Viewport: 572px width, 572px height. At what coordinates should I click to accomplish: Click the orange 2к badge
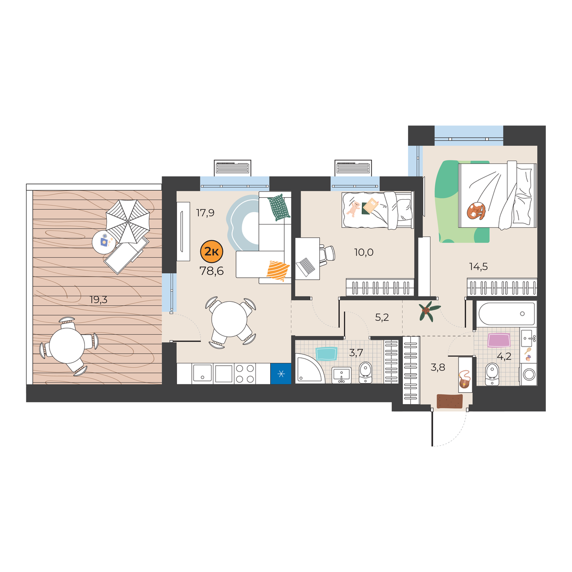tap(212, 252)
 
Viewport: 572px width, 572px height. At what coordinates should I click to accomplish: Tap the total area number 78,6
tap(212, 271)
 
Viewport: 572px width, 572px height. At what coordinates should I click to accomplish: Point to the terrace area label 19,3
tap(99, 299)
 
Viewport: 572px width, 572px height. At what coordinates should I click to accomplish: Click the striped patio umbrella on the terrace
tap(128, 221)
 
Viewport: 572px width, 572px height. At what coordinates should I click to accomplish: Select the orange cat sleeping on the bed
tap(476, 211)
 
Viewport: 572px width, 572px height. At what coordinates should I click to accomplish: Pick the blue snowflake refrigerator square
tap(280, 374)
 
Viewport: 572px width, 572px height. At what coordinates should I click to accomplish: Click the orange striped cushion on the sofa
tap(278, 270)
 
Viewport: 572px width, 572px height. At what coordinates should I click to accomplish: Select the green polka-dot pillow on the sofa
tap(279, 207)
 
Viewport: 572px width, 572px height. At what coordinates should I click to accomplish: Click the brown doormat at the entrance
tap(449, 401)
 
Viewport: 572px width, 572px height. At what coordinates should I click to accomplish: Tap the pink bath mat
tap(499, 340)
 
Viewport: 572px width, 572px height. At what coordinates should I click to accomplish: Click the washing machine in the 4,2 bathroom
tap(528, 375)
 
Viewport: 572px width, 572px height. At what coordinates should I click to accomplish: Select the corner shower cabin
tap(309, 368)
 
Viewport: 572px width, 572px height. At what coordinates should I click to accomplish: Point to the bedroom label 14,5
tap(478, 266)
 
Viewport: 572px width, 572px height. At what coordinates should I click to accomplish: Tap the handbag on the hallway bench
tap(465, 380)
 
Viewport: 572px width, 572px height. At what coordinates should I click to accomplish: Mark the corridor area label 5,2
tap(382, 317)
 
